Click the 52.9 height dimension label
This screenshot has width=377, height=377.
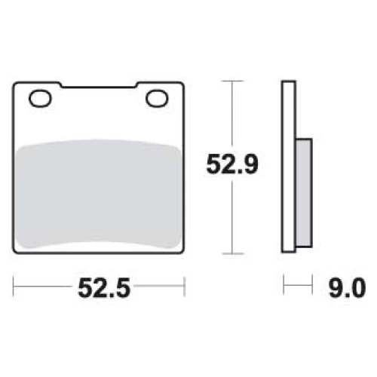[x=232, y=164]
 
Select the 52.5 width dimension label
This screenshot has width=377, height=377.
[x=104, y=288]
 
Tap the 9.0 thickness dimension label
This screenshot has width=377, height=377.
[x=347, y=288]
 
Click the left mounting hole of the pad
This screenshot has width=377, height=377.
[x=40, y=99]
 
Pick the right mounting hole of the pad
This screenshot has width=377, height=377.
[x=157, y=99]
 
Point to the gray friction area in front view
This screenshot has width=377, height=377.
[x=98, y=194]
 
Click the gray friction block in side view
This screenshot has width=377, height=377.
[x=304, y=193]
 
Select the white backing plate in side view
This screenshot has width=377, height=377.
[x=289, y=167]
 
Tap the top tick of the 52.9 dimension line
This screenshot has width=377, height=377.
[x=232, y=81]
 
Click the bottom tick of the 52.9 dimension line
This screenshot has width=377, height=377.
[x=233, y=253]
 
